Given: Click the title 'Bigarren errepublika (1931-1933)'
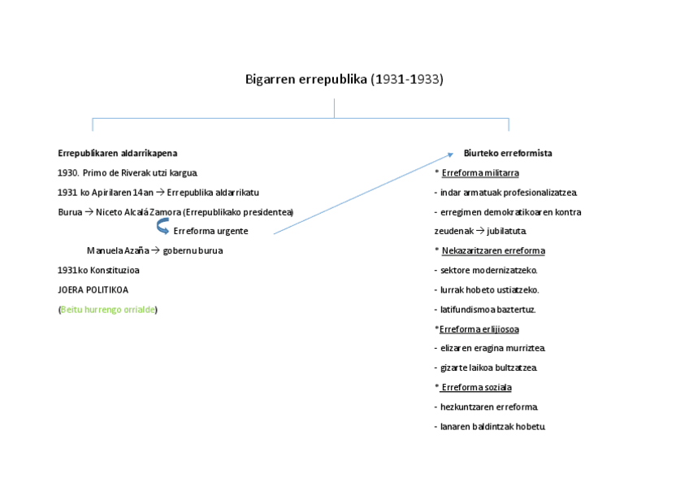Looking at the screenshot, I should pos(344,80).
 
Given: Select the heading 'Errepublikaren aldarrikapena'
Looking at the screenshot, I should pos(117,153).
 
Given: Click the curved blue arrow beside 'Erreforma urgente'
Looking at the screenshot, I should pos(162,229).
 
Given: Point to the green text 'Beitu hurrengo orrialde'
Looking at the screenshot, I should pos(108,310).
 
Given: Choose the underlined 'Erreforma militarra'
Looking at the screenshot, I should pos(480,173).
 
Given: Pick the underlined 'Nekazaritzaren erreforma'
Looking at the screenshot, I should pos(493,250).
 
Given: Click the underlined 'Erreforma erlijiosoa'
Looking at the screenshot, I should pos(479,329).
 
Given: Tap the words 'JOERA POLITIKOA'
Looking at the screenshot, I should pos(93,289).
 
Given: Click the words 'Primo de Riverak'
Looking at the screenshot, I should pos(116,173).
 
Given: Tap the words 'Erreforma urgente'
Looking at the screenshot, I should pos(210,231).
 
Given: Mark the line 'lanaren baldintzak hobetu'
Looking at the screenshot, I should pos(492,426).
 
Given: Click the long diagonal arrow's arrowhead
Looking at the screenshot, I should pos(450,154).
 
